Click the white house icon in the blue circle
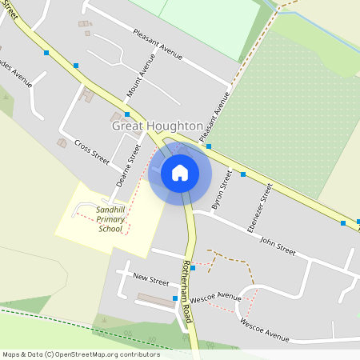coord(179,172)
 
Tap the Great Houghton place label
coord(157,126)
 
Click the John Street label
coord(278,248)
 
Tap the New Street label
coord(151,281)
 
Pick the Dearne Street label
coord(124,170)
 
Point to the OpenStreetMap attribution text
coord(80,354)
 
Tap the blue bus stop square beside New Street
coord(174,299)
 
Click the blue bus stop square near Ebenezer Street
coord(243,174)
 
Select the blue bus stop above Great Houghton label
coord(127,114)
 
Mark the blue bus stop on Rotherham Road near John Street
coord(193,268)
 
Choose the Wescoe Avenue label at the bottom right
coord(265,329)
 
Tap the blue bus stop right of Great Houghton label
coord(208,146)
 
